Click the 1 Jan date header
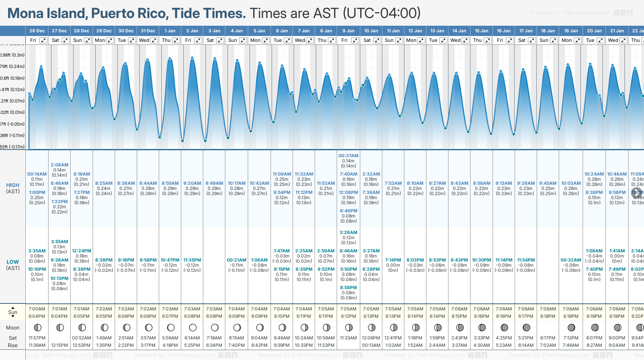tap(170, 31)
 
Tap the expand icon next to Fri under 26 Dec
tap(43, 40)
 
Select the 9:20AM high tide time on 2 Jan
tap(192, 183)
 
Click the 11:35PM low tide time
tap(192, 260)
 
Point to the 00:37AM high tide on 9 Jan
tap(348, 156)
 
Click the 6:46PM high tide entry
tap(348, 211)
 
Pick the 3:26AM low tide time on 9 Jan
tap(348, 233)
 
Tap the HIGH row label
tap(12, 186)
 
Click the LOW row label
tap(12, 262)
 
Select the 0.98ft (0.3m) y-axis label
tap(12, 55)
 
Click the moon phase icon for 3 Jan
tap(215, 327)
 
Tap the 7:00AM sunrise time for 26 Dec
tap(37, 309)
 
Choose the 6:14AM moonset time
tap(192, 338)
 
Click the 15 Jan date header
tap(482, 31)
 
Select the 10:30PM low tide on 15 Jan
tap(482, 260)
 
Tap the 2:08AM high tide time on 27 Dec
tap(60, 165)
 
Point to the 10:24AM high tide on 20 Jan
tap(594, 174)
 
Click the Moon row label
tap(12, 328)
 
